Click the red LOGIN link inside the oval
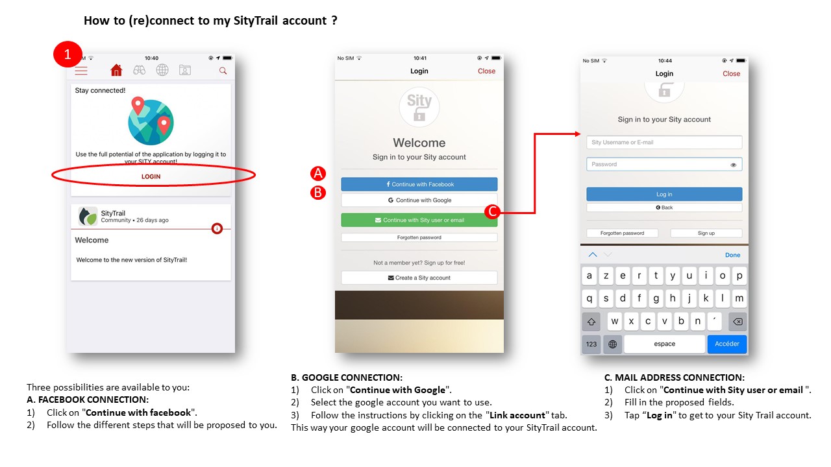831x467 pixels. [x=151, y=176]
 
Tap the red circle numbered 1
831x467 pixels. [x=68, y=54]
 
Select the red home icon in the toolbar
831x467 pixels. [x=116, y=70]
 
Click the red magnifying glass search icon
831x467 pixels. [x=223, y=71]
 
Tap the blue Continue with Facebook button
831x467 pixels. [x=419, y=184]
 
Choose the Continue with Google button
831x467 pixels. [x=419, y=200]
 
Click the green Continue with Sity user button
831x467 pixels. [x=419, y=220]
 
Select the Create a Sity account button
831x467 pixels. [x=419, y=278]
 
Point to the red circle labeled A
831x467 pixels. [x=318, y=173]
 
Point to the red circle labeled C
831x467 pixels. [x=492, y=211]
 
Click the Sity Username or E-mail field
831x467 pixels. [x=664, y=142]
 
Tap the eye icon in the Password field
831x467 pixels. [x=733, y=165]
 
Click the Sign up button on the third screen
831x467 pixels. [x=706, y=233]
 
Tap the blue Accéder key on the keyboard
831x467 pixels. [x=726, y=344]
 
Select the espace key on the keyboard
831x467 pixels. [x=664, y=344]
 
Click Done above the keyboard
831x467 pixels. [x=732, y=255]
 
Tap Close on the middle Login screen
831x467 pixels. [x=486, y=71]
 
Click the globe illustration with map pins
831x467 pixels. [x=151, y=121]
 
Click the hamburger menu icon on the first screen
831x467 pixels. [x=81, y=71]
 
